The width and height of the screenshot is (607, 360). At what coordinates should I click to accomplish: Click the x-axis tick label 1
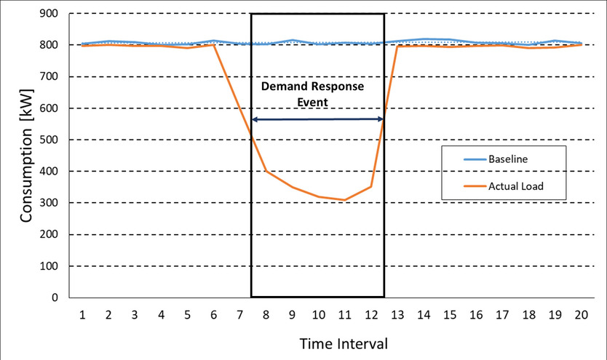click(x=82, y=314)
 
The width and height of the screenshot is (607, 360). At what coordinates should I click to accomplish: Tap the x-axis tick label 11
click(x=344, y=314)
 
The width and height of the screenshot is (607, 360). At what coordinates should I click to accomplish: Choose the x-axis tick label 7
click(x=239, y=314)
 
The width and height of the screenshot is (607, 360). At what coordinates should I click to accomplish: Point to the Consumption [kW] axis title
click(x=26, y=154)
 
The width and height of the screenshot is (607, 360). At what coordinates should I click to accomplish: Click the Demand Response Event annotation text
click(x=312, y=94)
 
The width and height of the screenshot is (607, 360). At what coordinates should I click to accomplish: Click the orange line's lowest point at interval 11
click(x=344, y=200)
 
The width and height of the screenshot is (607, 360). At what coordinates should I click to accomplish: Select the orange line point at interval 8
click(x=266, y=171)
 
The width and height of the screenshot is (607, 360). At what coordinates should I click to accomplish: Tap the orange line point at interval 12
click(x=370, y=186)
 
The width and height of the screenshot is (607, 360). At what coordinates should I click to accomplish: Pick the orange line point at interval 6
click(x=214, y=45)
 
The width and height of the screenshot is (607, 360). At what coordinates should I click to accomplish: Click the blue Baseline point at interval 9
click(x=292, y=40)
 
